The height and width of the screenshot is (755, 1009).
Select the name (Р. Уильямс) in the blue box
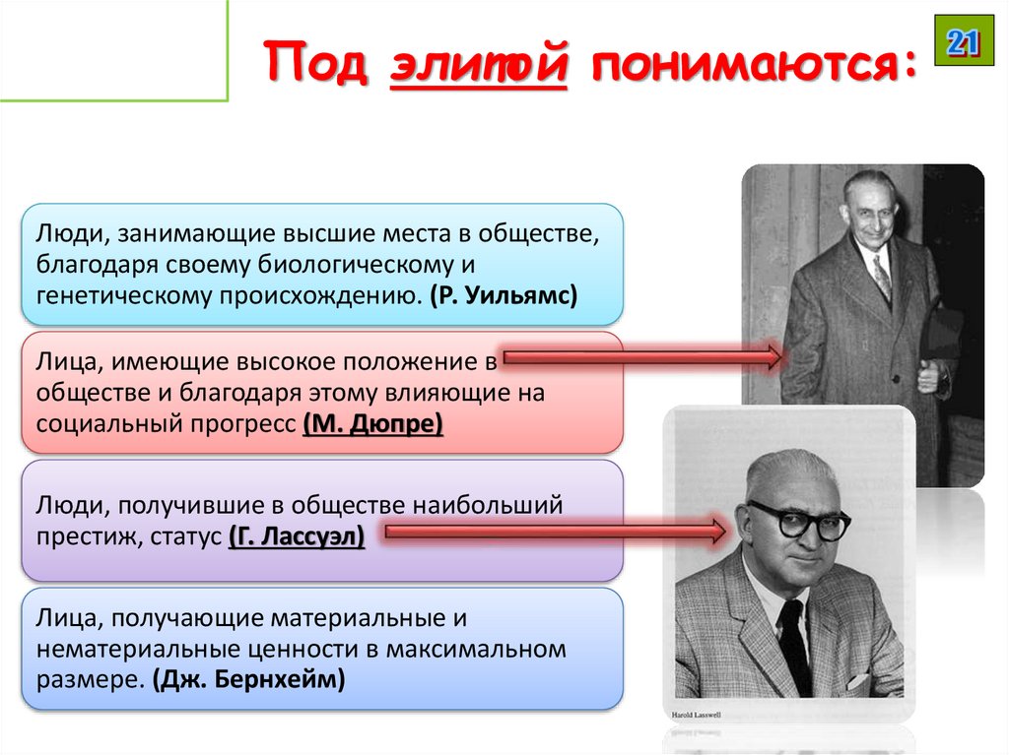[x=503, y=294]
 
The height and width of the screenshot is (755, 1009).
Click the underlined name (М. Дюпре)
[x=373, y=423]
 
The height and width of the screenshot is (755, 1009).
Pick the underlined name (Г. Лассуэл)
[x=297, y=537]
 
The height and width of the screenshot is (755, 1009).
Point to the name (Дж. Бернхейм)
[x=249, y=680]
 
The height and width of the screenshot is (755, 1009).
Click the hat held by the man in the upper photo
[x=941, y=330]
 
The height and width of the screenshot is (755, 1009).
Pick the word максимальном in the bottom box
[x=483, y=650]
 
